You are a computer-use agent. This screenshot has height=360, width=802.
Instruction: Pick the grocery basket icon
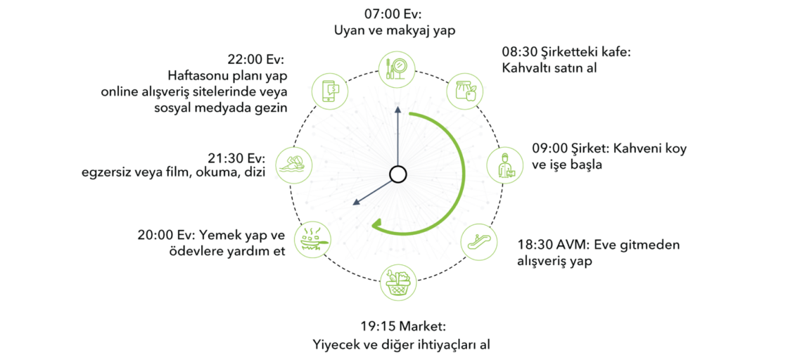coord(398,282)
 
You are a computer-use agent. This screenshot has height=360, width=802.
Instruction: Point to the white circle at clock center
coord(397,174)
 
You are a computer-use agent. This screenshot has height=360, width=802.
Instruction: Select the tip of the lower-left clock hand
coord(352,205)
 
